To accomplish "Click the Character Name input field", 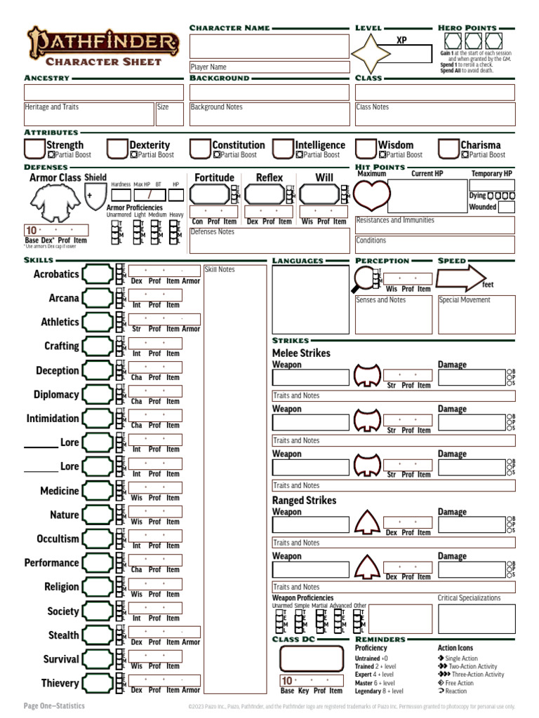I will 269,46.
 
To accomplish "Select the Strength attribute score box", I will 34,149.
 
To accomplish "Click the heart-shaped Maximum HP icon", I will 371,195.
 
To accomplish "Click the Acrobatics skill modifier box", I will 98,274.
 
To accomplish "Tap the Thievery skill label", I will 60,684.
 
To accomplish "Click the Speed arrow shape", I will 459,278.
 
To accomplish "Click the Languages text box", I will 310,299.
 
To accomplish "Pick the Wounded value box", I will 506,207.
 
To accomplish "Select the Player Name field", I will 269,67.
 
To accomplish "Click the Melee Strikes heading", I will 301,353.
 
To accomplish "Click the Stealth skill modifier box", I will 98,635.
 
